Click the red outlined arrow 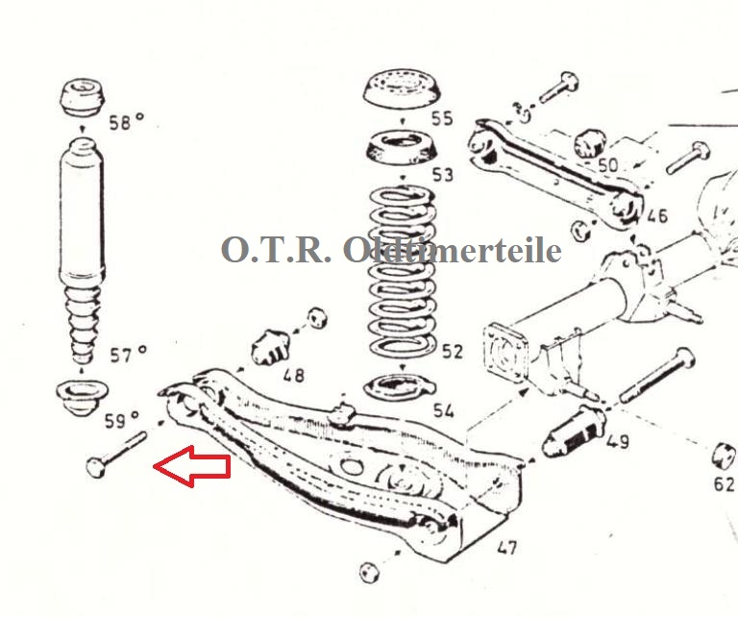coord(192,466)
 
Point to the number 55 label coord(442,118)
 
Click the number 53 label coord(442,175)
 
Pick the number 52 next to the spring coord(452,351)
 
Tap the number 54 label coord(443,410)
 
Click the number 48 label coord(294,375)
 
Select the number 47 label coord(506,547)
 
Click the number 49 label coord(618,441)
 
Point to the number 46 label coord(657,215)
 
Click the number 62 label coord(724,483)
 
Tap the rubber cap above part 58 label coord(82,96)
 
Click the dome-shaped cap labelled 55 coord(403,88)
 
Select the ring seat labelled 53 coord(403,148)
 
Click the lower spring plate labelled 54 coord(400,387)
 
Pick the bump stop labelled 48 coord(270,347)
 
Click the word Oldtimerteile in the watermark coord(452,250)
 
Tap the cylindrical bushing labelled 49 coord(573,432)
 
